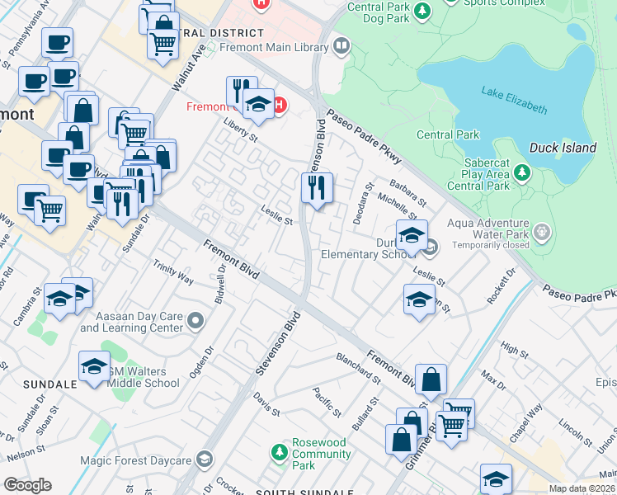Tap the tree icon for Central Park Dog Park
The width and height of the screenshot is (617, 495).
422,11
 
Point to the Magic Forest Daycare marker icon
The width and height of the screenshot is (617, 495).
205,460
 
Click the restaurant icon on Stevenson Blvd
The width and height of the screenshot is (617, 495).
317,189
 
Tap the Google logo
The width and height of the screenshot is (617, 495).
27,485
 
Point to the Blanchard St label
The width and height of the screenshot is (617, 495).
358,369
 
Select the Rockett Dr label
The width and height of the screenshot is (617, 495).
501,285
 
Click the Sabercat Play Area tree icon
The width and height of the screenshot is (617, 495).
520,173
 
